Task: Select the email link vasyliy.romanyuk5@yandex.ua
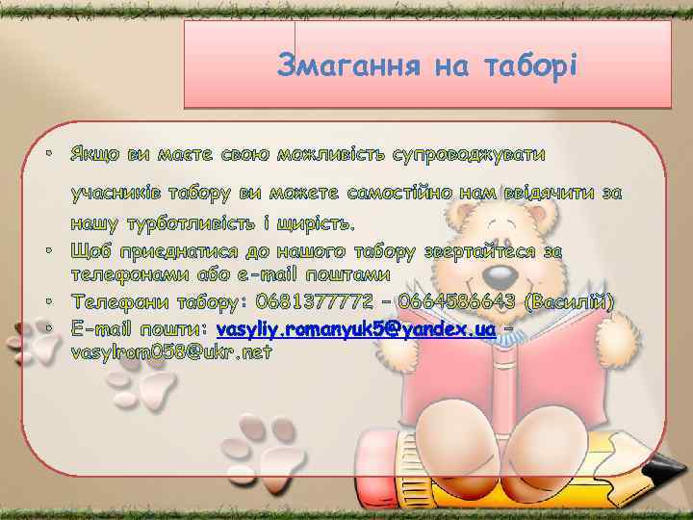pos(356,329)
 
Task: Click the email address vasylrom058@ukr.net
pos(171,352)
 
